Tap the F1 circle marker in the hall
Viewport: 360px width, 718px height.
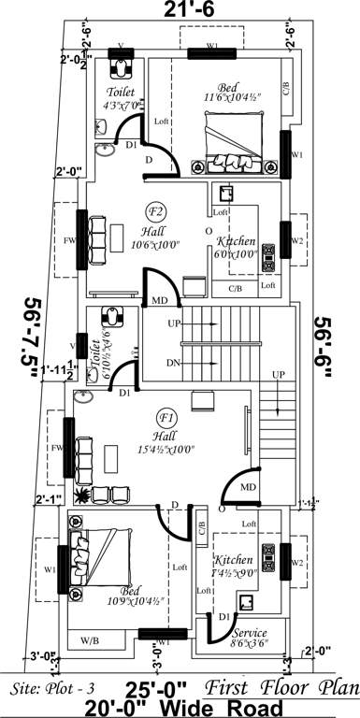(x=167, y=417)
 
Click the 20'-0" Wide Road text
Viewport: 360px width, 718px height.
(x=180, y=707)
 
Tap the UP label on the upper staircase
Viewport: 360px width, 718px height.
(x=174, y=323)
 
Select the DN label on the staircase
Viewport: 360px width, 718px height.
(x=174, y=363)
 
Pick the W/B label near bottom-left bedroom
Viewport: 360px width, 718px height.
(x=90, y=640)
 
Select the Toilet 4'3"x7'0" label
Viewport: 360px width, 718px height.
(x=122, y=99)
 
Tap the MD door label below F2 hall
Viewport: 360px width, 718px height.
(x=160, y=300)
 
